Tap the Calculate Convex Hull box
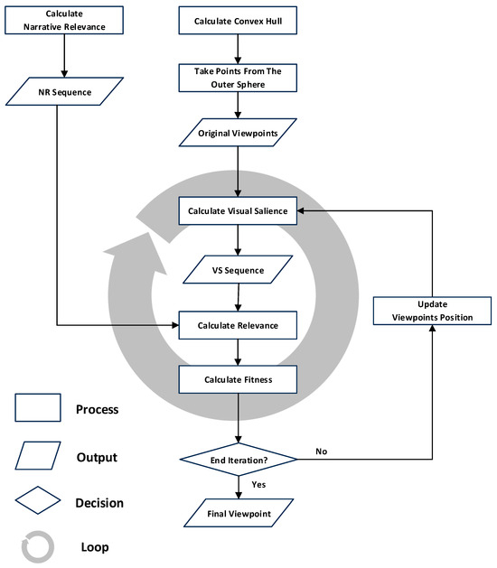tap(237, 21)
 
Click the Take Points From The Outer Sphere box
tap(237, 79)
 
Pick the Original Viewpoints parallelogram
tap(237, 135)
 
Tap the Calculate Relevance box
tap(237, 324)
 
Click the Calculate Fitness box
tap(237, 380)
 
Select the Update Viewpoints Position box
tap(432, 311)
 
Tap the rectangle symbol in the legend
tap(37, 408)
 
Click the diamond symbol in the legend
tap(37, 501)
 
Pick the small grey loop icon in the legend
tap(37, 545)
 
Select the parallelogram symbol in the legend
tap(37, 455)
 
